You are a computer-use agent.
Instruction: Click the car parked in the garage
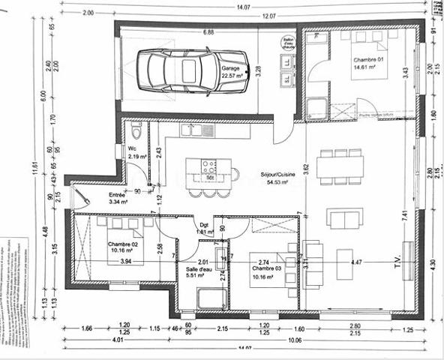coord(196,70)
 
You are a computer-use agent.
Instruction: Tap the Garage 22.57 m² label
coord(231,71)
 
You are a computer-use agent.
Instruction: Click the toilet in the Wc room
coord(136,131)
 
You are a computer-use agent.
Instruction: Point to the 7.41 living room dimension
coord(405,214)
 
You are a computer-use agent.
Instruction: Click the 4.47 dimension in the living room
coord(357,262)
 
